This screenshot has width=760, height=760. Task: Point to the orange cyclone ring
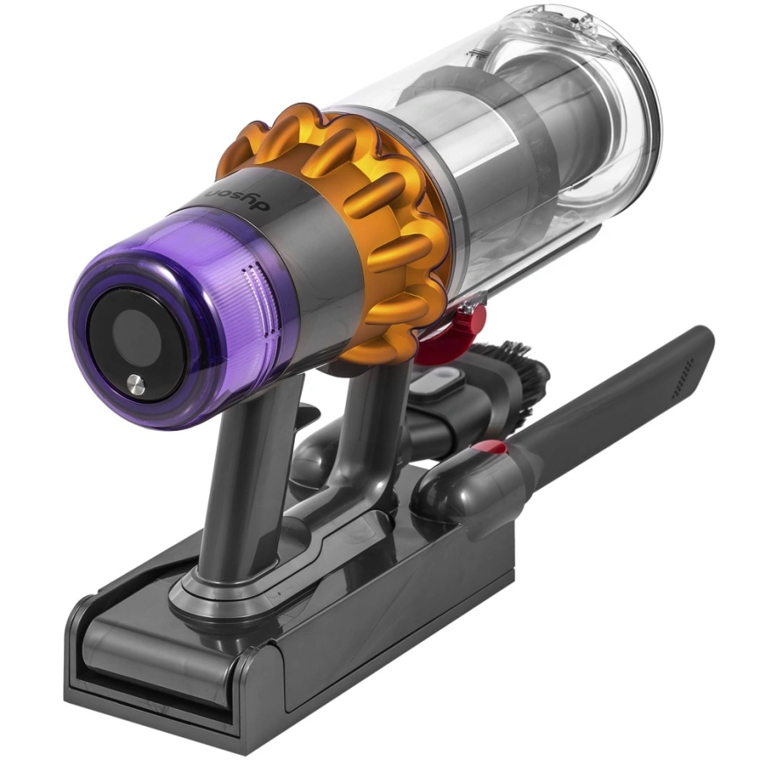(x=386, y=219)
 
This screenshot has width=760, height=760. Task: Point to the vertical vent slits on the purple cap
(x=255, y=290)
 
